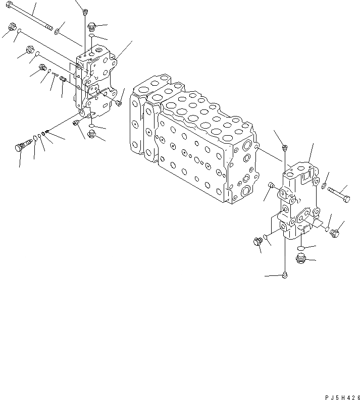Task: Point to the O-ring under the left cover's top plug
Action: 91,36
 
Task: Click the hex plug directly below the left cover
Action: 92,134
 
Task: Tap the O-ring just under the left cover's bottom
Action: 91,125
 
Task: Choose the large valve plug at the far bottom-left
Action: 20,148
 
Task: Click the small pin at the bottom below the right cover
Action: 285,275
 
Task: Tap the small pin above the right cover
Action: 285,147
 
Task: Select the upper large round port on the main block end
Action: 246,147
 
